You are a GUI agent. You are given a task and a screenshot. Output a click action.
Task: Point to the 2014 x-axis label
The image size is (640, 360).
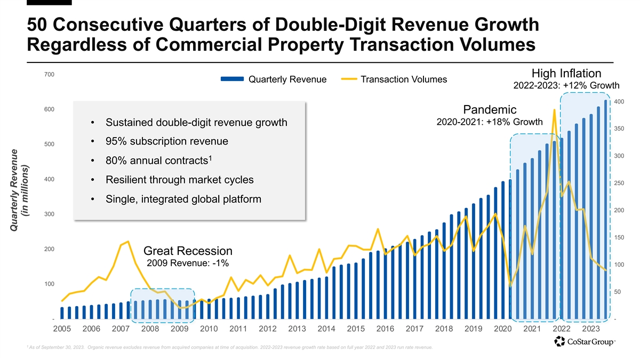click(326, 329)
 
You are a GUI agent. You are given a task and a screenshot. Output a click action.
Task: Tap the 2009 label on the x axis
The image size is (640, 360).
click(180, 329)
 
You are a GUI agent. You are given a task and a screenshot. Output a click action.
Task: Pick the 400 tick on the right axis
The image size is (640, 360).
click(619, 101)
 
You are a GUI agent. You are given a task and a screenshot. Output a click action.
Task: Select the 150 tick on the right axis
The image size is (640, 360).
click(619, 237)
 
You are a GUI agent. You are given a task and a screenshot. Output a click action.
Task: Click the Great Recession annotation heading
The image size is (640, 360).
click(188, 251)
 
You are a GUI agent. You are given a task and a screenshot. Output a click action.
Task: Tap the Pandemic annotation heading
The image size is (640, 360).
click(490, 110)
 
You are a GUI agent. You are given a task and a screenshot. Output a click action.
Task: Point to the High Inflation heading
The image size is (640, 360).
click(566, 74)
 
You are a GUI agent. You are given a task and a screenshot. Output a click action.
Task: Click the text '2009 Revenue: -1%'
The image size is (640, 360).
click(188, 263)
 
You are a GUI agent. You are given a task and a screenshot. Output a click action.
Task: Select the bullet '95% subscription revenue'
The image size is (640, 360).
click(167, 141)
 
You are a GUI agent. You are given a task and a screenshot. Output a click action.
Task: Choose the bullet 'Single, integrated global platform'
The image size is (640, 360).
click(183, 199)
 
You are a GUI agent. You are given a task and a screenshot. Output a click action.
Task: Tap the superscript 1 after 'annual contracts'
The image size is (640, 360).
click(211, 157)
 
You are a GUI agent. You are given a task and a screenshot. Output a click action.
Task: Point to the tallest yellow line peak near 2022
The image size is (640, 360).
click(555, 110)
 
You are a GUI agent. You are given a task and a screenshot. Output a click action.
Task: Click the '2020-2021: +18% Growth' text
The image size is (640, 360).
click(490, 122)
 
